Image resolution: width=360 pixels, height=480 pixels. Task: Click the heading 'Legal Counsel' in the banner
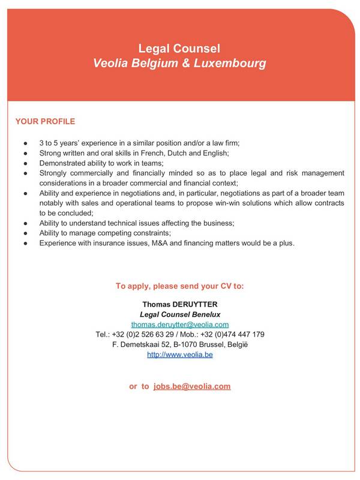click(180, 48)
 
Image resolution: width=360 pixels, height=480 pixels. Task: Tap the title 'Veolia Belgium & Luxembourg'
click(180, 63)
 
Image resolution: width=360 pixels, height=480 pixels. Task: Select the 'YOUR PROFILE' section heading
click(45, 121)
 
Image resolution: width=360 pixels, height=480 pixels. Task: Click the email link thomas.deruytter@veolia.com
click(180, 324)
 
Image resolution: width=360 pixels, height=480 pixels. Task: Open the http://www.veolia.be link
click(180, 355)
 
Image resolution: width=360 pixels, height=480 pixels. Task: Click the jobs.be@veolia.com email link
click(192, 386)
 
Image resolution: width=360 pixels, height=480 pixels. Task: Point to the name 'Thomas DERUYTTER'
click(180, 304)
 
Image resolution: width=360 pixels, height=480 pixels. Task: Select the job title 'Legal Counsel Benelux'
click(180, 314)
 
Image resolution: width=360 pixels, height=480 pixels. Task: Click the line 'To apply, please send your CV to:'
click(180, 286)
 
